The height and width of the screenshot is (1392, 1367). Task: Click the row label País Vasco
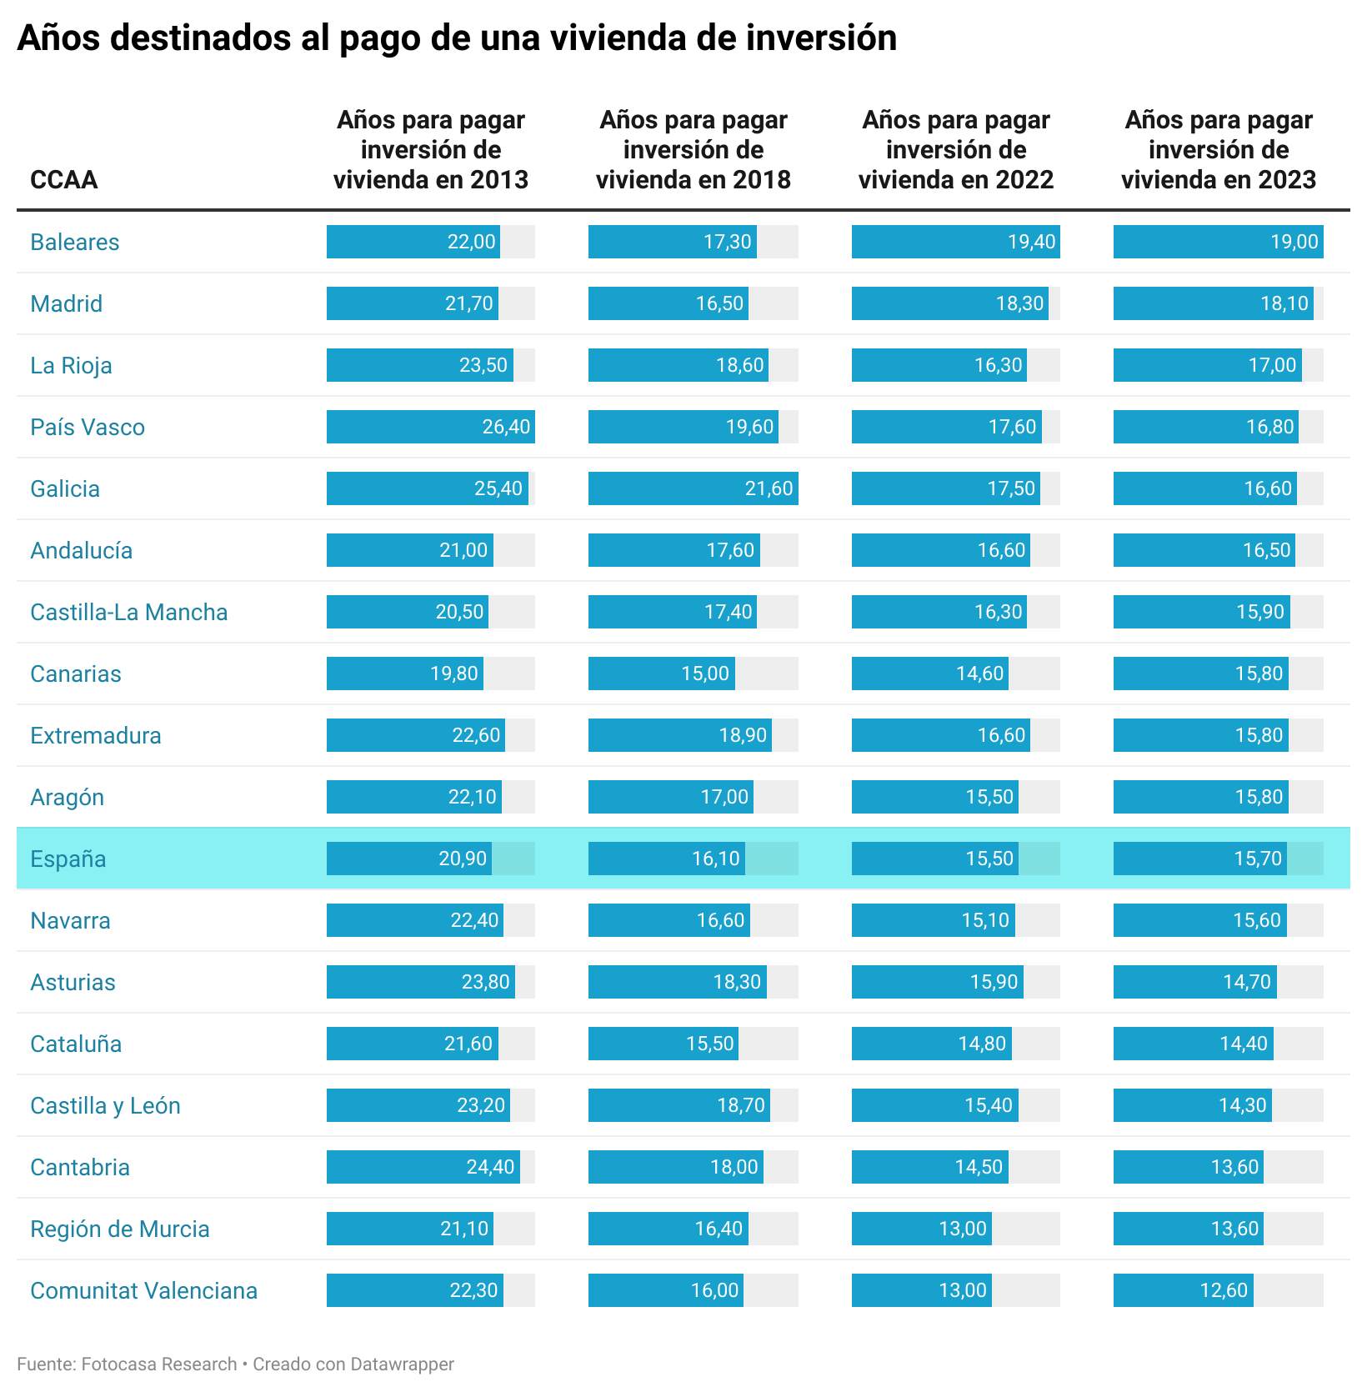click(x=88, y=427)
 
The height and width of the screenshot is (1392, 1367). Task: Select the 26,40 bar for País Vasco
click(x=430, y=427)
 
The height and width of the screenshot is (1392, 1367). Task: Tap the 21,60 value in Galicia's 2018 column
click(x=768, y=488)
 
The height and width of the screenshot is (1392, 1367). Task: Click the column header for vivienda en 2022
click(x=956, y=150)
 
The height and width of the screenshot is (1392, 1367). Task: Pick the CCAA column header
click(x=63, y=179)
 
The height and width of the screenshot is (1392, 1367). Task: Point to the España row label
click(x=68, y=859)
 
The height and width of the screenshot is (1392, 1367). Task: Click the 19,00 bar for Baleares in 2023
click(x=1218, y=242)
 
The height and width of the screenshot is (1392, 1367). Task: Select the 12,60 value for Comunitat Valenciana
click(x=1223, y=1290)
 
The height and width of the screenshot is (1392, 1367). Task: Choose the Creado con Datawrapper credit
click(x=353, y=1364)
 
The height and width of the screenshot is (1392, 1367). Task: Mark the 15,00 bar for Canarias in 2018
click(x=662, y=673)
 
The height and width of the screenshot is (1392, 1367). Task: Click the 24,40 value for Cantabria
click(x=490, y=1167)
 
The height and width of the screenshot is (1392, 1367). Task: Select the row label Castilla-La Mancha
click(x=128, y=612)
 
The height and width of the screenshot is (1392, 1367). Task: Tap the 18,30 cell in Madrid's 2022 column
click(x=1019, y=303)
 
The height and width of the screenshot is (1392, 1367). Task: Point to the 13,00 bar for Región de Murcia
click(x=921, y=1229)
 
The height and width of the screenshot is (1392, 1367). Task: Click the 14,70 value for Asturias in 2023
click(x=1246, y=982)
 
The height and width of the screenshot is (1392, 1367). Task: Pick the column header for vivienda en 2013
click(x=431, y=150)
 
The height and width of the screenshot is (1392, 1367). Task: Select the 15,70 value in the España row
click(x=1257, y=859)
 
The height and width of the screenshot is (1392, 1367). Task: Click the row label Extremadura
click(x=96, y=735)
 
